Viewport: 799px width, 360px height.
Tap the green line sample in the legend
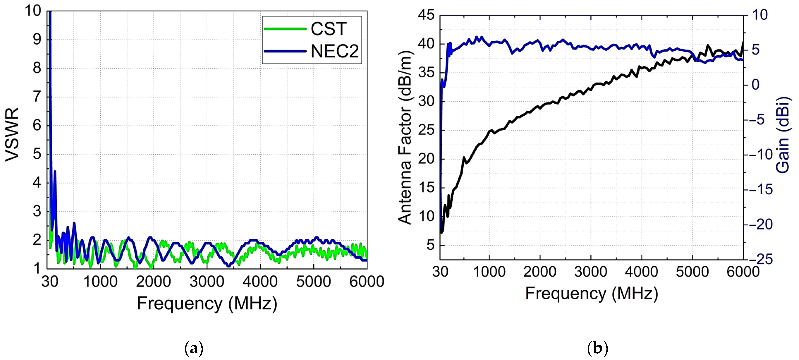(285, 29)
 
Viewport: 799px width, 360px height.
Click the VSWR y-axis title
(12, 135)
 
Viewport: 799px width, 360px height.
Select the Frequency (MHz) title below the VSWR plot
(207, 303)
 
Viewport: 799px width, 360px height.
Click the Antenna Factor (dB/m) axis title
(405, 137)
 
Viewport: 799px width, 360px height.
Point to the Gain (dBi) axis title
(782, 135)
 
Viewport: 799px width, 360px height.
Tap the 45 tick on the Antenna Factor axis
(426, 15)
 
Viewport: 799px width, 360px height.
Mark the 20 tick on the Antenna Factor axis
(426, 159)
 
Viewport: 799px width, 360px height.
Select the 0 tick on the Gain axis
(756, 85)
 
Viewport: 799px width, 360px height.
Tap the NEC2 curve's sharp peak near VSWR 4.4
(55, 171)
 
